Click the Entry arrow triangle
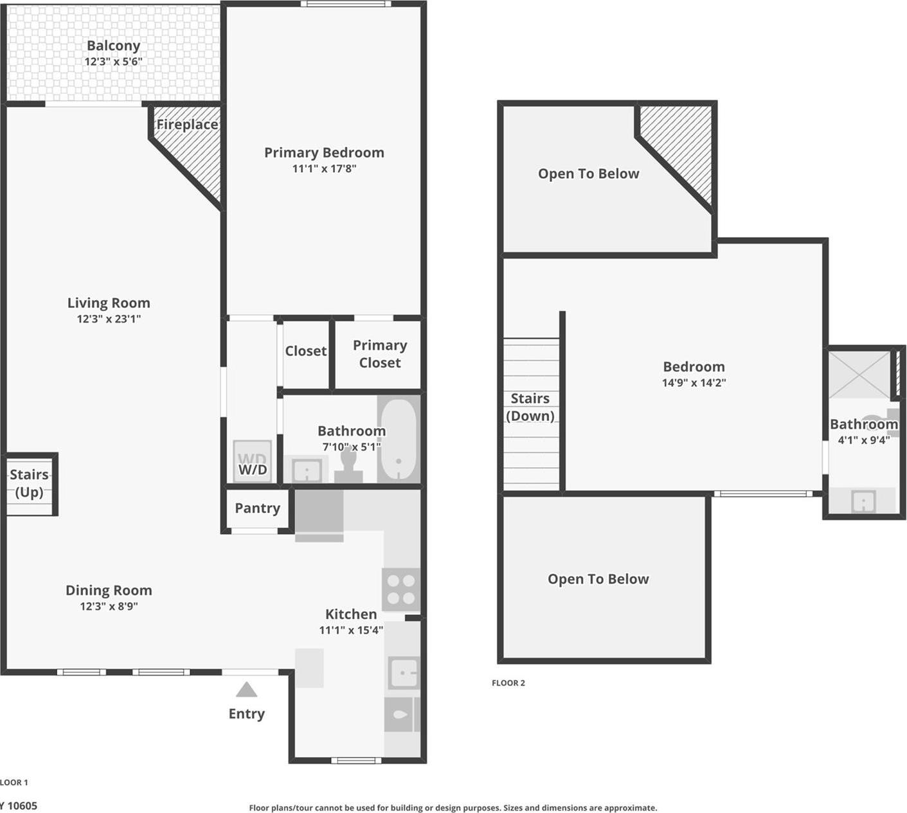[x=246, y=690]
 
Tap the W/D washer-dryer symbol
[x=252, y=461]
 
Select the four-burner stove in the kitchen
[x=401, y=589]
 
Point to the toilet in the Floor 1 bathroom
[x=348, y=465]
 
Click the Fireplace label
[x=187, y=125]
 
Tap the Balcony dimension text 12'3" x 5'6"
[x=113, y=62]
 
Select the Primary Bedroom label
[x=324, y=153]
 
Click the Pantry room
[x=257, y=508]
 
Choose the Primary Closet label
[x=380, y=354]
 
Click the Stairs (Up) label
[x=29, y=483]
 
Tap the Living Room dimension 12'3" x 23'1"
[x=109, y=319]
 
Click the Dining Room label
[x=109, y=591]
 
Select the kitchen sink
[x=404, y=674]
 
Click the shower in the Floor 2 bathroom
[x=858, y=374]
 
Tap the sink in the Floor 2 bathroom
[x=863, y=501]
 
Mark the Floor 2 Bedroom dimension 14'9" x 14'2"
[x=694, y=383]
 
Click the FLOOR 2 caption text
[x=508, y=683]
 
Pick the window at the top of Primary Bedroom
[x=346, y=4]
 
